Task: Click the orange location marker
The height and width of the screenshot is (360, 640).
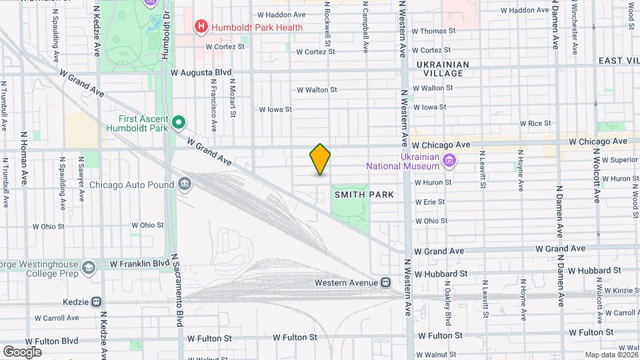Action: (320, 159)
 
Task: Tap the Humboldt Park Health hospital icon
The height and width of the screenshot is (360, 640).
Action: (200, 27)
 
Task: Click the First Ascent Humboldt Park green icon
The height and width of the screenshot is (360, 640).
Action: (178, 123)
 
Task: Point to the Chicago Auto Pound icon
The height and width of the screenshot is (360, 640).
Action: (185, 184)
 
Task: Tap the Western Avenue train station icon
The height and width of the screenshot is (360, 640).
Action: (386, 283)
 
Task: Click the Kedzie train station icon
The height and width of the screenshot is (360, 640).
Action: (97, 302)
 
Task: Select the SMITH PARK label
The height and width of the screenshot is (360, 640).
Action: (364, 195)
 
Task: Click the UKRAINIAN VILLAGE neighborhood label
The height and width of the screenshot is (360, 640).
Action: (443, 65)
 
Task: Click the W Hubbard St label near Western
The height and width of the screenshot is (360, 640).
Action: (440, 274)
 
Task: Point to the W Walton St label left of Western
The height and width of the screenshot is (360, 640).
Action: (317, 89)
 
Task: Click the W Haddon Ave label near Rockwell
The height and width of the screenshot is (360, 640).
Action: (281, 14)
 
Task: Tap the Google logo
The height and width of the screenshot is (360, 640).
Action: (22, 351)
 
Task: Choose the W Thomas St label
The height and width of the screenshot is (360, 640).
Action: (433, 31)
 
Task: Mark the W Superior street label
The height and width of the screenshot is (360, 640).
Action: (620, 160)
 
